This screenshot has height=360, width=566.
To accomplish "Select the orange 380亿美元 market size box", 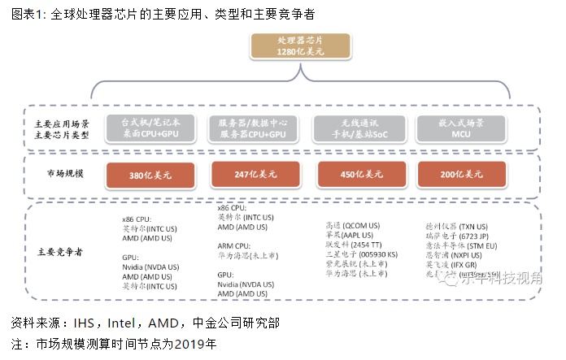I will [147, 175].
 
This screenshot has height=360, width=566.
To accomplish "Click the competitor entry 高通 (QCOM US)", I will [353, 225].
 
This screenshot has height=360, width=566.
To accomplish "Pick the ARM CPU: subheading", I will [233, 245].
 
